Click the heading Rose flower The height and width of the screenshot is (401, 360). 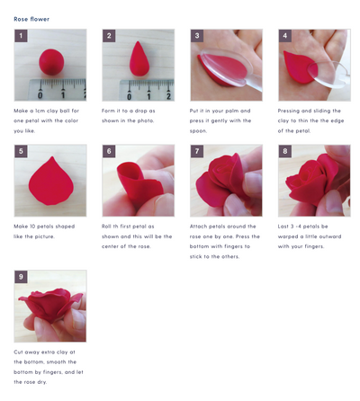(31, 19)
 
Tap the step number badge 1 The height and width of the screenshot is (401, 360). (21, 36)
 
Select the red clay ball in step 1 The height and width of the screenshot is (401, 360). (51, 62)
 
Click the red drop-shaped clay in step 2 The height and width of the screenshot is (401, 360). (139, 58)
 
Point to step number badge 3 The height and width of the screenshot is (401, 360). (197, 36)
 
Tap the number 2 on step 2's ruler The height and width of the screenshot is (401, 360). (168, 96)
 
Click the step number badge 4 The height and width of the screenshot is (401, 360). (285, 36)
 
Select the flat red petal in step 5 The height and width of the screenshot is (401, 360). (51, 181)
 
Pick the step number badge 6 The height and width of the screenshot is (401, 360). (109, 151)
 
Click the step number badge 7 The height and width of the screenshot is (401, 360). (197, 151)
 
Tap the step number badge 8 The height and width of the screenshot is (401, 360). (285, 151)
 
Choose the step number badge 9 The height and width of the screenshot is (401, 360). (21, 277)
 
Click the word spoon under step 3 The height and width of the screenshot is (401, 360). (198, 131)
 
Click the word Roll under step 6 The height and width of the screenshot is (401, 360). (106, 227)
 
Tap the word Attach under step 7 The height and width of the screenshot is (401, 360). (198, 227)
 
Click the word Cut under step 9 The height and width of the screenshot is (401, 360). (18, 352)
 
